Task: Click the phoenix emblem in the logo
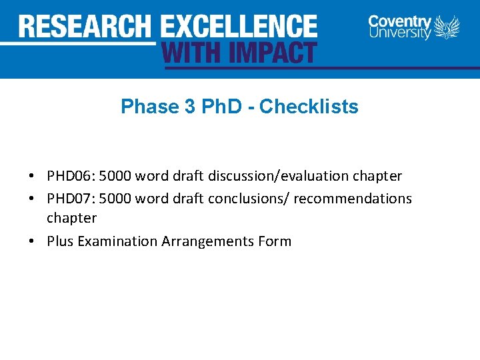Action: (x=447, y=28)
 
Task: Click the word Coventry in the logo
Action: (x=400, y=21)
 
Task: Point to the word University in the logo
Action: (x=400, y=33)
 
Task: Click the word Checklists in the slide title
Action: (x=309, y=107)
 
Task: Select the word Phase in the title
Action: (x=141, y=107)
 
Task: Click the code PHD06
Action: (x=71, y=176)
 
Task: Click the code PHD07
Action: (x=71, y=199)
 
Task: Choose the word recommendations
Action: (x=353, y=199)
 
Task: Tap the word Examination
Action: (x=117, y=241)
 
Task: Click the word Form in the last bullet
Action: (x=275, y=241)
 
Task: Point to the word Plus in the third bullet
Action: (x=60, y=241)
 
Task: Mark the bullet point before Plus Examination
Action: (x=32, y=242)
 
